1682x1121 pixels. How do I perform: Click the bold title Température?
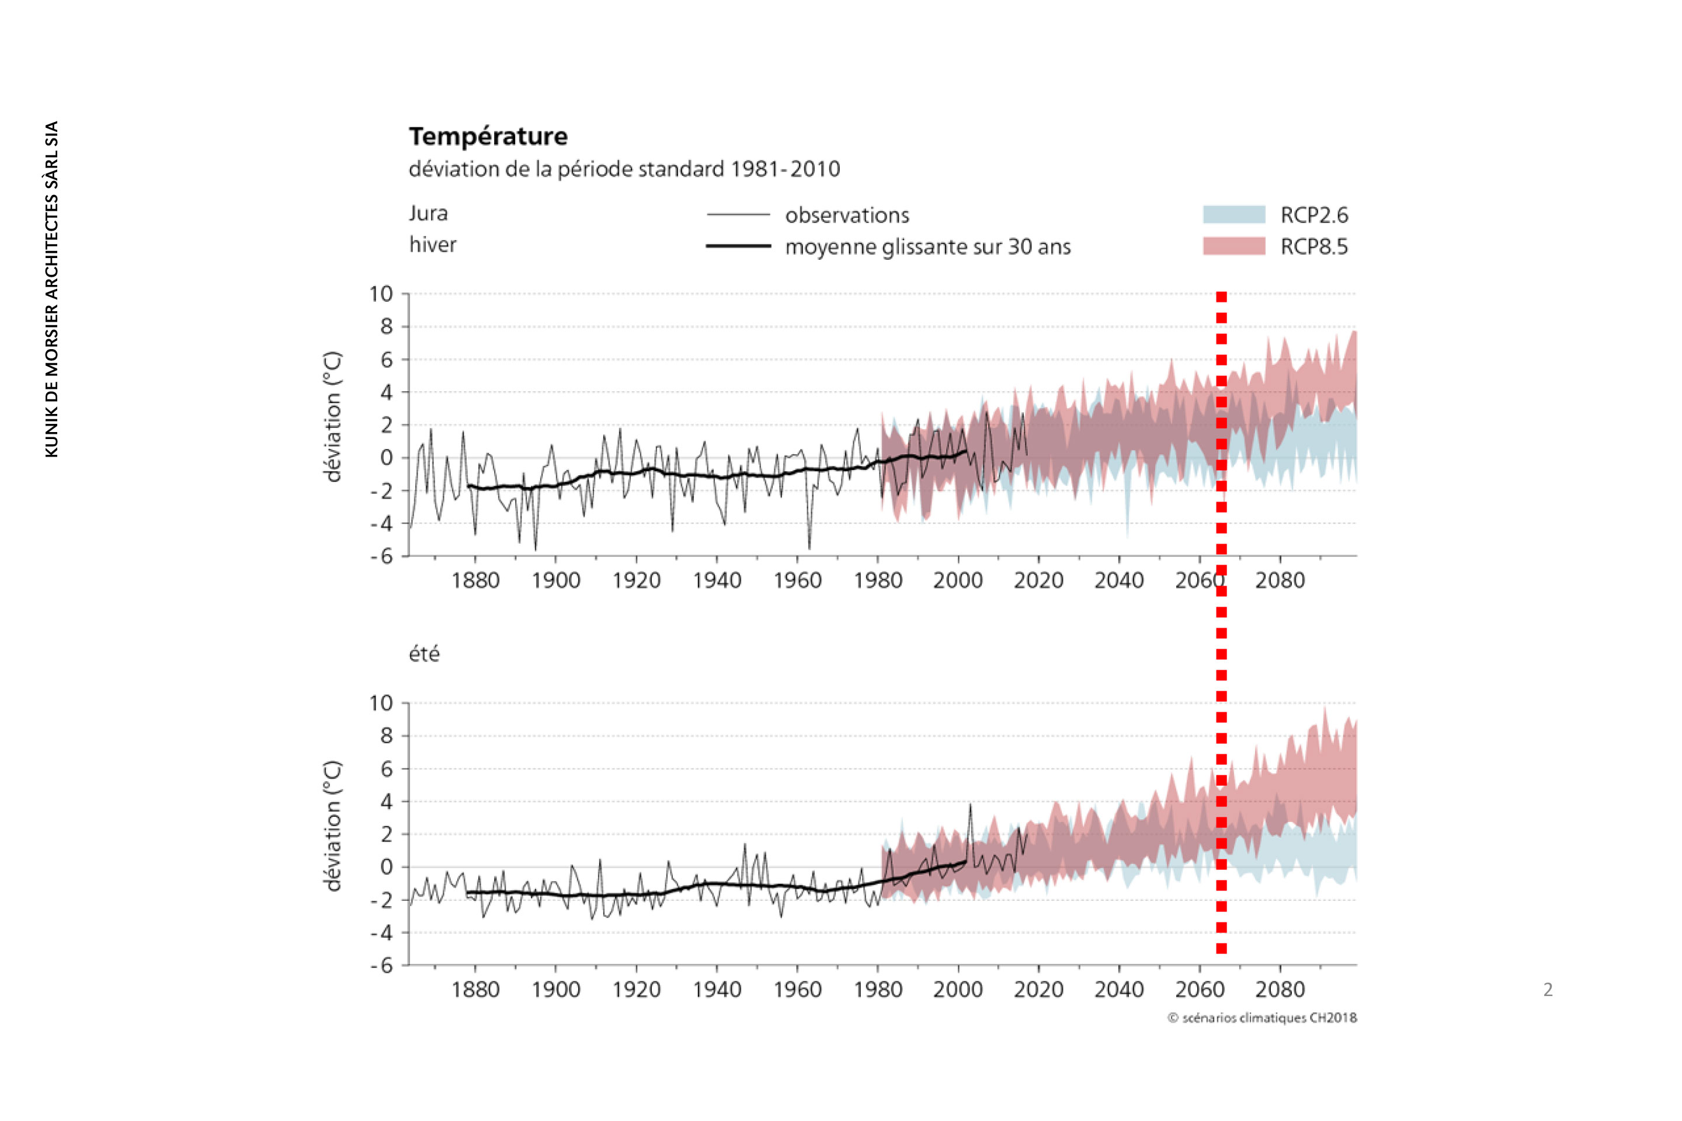[488, 136]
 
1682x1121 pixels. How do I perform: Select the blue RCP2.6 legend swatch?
[1233, 214]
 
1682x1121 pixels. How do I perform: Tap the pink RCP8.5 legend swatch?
[1233, 246]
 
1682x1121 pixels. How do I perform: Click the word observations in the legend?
[847, 215]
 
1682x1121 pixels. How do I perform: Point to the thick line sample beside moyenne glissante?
[738, 246]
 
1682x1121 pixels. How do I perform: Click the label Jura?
[428, 213]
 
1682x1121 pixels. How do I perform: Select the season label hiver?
[432, 245]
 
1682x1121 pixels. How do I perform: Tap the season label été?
[423, 653]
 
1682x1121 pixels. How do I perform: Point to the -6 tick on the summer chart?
[381, 965]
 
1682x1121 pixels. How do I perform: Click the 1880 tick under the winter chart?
[475, 580]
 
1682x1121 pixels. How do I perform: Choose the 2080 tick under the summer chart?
[1280, 990]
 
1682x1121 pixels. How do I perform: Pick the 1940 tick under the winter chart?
[717, 580]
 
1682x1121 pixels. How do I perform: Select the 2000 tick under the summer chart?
[958, 990]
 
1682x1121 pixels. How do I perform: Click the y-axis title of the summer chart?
[332, 826]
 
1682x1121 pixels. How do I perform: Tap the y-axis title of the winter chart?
[332, 417]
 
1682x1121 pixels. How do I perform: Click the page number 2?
[1548, 990]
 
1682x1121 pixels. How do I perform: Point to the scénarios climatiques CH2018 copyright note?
[1262, 1017]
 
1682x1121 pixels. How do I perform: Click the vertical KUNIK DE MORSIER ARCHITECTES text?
[51, 289]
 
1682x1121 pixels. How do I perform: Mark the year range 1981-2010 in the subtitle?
[785, 169]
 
